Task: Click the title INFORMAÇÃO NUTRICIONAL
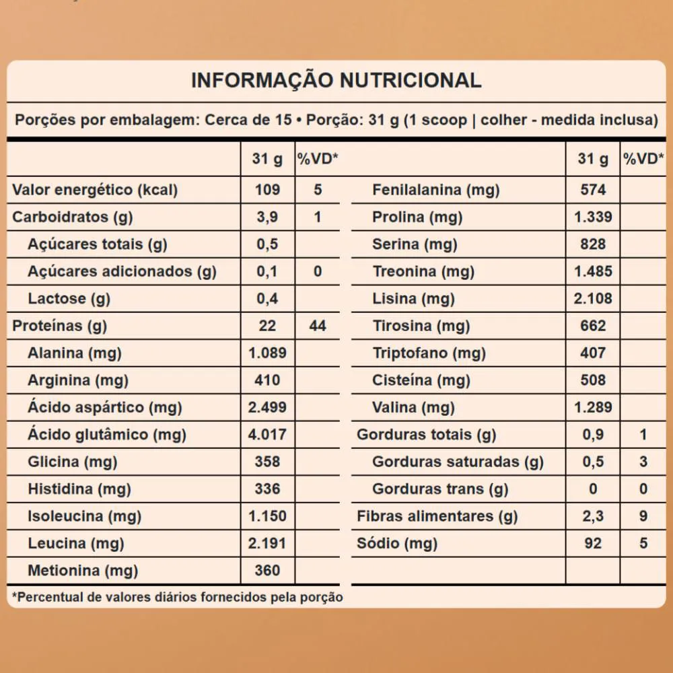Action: (336, 81)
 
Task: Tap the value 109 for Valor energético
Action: (267, 190)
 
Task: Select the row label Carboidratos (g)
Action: (73, 217)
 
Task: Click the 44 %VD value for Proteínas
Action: (318, 326)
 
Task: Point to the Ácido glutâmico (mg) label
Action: (107, 435)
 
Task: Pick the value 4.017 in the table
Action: (267, 435)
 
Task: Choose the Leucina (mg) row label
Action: (76, 543)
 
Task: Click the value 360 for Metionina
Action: (267, 571)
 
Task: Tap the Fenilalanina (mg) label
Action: (436, 190)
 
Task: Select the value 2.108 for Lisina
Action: (593, 298)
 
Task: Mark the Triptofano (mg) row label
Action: (429, 353)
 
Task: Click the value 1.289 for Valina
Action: (593, 407)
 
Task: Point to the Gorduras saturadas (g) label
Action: (458, 462)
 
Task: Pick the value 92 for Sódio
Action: (593, 543)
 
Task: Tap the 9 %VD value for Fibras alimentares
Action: (643, 516)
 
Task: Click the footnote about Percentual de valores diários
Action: (178, 597)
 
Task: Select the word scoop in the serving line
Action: (445, 120)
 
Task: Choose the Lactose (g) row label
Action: (69, 298)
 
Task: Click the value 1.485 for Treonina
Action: (593, 271)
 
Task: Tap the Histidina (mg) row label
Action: (79, 489)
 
